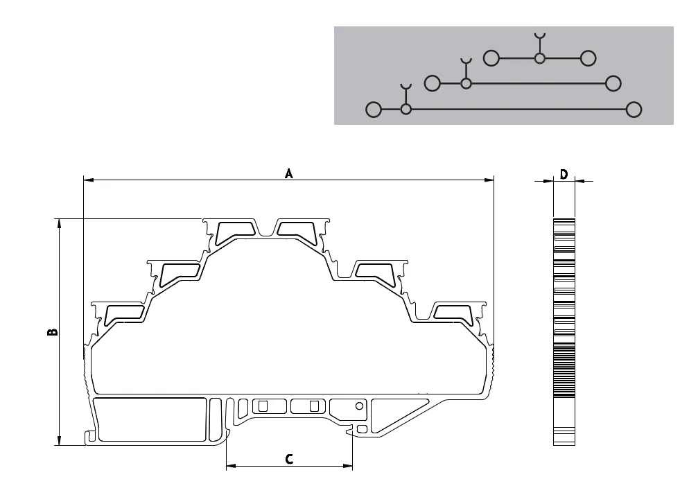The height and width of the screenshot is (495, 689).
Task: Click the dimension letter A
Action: click(x=288, y=173)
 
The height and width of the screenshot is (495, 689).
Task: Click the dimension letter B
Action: click(x=52, y=331)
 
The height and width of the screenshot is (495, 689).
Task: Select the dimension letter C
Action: click(x=289, y=460)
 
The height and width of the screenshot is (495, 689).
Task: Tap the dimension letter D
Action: click(x=564, y=175)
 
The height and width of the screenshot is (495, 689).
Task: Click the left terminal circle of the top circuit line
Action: click(x=491, y=58)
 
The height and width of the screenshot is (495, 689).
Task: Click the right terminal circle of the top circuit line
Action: click(x=588, y=58)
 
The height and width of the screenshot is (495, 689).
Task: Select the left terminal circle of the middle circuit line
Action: click(x=433, y=83)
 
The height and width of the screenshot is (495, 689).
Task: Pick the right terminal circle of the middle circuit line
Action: click(x=613, y=83)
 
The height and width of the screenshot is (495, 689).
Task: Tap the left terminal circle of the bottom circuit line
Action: click(x=374, y=110)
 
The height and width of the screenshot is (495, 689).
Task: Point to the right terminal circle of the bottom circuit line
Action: click(x=634, y=110)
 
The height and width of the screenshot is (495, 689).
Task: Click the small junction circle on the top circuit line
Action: click(x=539, y=58)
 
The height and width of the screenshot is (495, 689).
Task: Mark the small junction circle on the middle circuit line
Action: click(x=466, y=83)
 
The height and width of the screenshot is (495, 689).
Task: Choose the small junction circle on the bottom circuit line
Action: click(x=405, y=109)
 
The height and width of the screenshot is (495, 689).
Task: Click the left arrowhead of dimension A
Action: click(x=88, y=180)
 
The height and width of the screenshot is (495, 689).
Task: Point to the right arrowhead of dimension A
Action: click(x=489, y=180)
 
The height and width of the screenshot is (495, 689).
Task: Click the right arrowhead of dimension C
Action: click(x=347, y=466)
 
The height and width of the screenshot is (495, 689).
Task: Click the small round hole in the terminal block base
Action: click(x=360, y=406)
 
